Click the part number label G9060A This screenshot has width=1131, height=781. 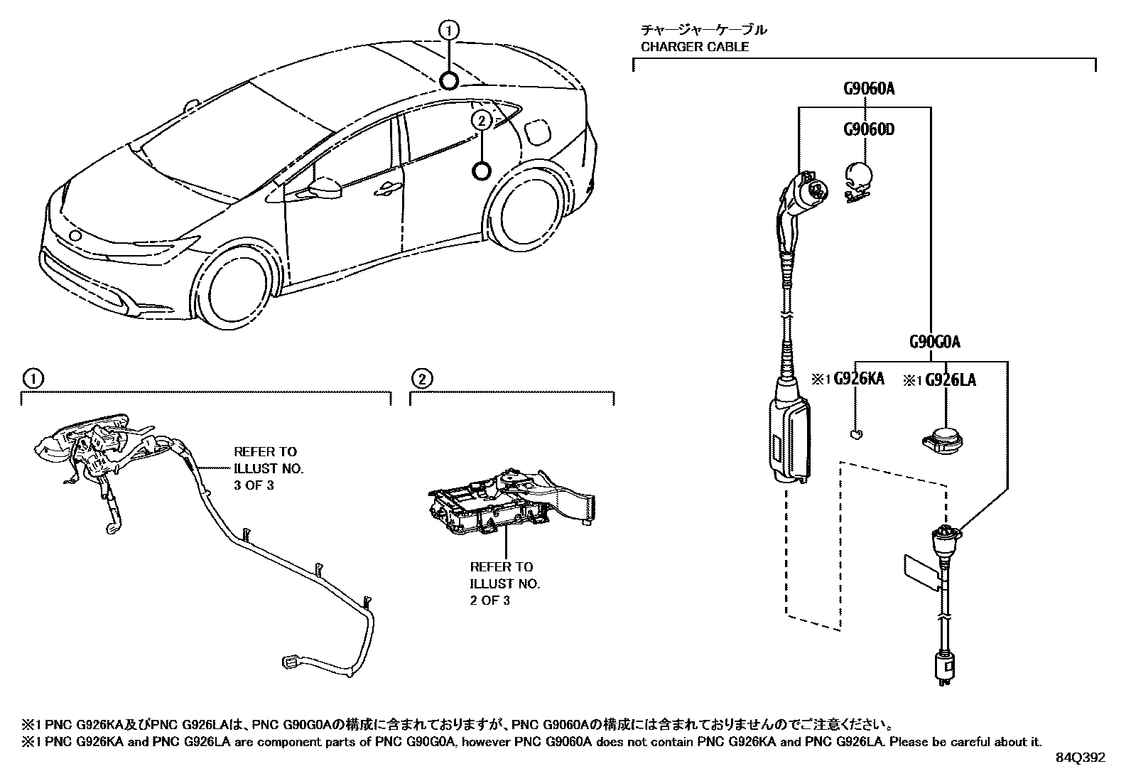coord(868,89)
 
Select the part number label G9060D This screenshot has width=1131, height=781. coord(868,129)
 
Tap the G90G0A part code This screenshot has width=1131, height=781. coord(934,342)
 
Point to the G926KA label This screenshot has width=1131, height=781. coord(858,379)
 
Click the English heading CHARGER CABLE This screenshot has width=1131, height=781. coord(694,47)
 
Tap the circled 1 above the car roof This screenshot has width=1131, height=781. coord(448,30)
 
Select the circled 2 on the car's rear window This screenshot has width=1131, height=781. coord(481,121)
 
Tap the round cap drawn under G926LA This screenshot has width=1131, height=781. coord(942,436)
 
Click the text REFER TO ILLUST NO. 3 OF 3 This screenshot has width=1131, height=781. coord(268,468)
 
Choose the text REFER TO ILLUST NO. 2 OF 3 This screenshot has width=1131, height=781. coord(504,583)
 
